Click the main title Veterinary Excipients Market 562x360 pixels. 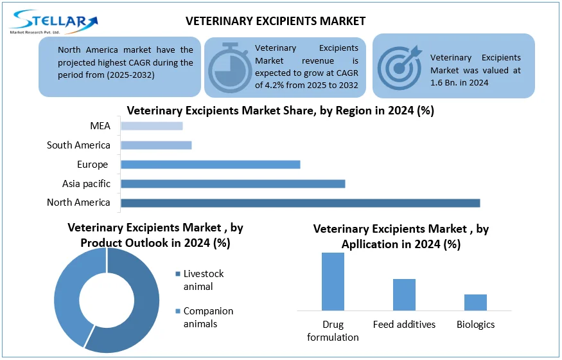(276, 21)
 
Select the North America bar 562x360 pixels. (300, 203)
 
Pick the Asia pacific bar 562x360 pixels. (233, 184)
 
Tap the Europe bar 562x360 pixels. (210, 165)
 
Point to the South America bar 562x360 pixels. (156, 145)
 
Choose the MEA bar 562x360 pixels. (152, 126)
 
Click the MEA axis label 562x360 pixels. (100, 126)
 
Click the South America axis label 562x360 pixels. (78, 145)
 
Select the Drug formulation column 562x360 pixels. (333, 282)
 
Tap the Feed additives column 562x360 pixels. (404, 294)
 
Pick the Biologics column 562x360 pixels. (475, 302)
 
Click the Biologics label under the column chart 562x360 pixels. (475, 325)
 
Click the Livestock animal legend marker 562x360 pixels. (178, 274)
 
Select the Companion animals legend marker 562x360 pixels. (178, 312)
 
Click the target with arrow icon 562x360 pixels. (399, 64)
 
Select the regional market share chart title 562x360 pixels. (280, 111)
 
